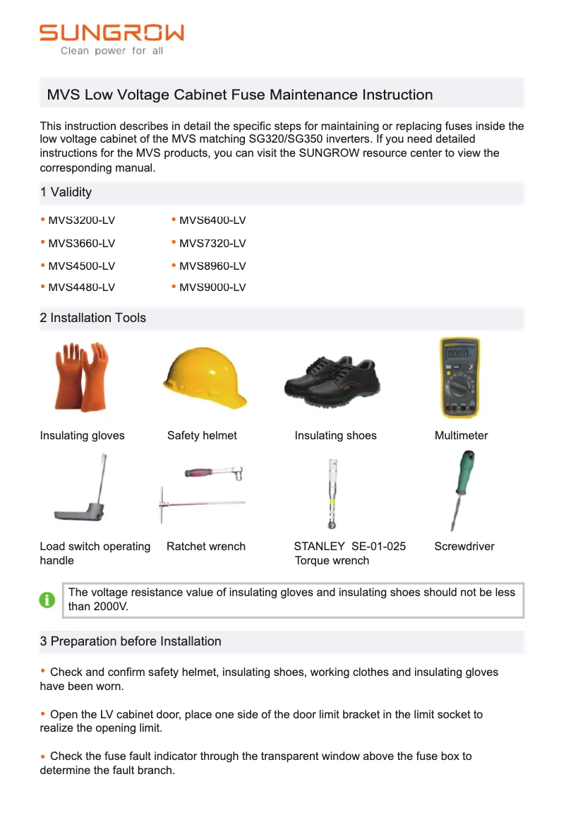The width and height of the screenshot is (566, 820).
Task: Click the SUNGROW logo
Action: point(112,32)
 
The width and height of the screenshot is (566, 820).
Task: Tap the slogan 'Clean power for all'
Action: point(112,51)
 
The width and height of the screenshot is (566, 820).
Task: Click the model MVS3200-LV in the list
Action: point(81,220)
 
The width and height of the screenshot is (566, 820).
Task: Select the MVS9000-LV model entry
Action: point(212,287)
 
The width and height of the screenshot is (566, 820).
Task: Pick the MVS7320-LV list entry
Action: point(212,244)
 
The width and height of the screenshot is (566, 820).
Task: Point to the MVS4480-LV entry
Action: point(81,287)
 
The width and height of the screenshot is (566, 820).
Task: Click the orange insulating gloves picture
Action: point(81,376)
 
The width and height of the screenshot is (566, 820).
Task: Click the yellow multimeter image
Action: point(460,377)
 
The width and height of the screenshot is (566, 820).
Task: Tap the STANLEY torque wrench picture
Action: point(331,493)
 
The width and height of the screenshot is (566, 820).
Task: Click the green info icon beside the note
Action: point(47,600)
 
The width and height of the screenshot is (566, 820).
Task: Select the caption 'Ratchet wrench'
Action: point(206,547)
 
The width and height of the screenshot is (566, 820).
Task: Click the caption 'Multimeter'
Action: point(461,436)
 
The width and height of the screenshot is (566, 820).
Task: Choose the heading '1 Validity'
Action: point(66,192)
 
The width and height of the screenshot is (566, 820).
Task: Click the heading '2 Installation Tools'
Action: point(93,318)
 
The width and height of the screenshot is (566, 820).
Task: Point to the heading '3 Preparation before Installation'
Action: point(131,641)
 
